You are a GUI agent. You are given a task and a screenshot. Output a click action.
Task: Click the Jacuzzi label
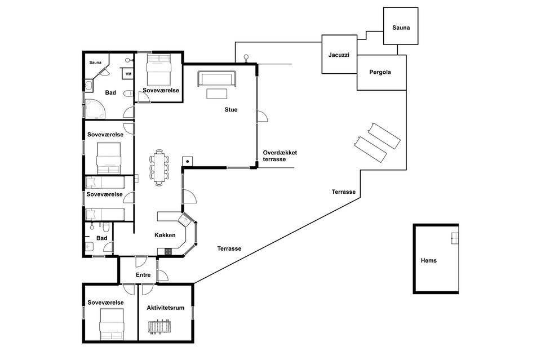339,55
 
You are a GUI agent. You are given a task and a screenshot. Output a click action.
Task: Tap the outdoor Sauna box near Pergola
401,26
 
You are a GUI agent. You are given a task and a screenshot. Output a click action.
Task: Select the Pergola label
380,72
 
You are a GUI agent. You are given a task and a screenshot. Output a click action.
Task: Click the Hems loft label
428,260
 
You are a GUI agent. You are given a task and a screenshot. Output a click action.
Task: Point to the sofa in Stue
217,79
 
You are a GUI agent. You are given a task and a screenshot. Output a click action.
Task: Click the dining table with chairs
159,167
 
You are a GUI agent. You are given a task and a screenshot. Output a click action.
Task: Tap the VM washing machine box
128,74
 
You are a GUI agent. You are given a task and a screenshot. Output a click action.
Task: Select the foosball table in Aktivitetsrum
159,327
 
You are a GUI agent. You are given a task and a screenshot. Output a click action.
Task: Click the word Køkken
165,235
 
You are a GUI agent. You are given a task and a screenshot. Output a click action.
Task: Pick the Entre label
143,275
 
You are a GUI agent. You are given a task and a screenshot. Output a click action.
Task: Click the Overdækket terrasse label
280,156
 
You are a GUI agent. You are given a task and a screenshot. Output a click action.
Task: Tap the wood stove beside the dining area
188,161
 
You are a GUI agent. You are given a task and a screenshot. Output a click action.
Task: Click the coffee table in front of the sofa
216,94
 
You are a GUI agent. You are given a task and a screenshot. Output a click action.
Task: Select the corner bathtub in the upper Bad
95,109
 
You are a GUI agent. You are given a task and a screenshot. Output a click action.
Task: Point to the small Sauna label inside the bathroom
95,63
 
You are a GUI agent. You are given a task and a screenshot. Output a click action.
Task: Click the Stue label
231,110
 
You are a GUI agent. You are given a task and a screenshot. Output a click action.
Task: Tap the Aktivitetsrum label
165,308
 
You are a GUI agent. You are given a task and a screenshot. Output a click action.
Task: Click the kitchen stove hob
168,251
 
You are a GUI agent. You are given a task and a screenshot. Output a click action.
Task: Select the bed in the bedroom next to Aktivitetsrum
111,324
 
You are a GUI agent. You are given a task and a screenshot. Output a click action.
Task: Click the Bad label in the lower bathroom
102,238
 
